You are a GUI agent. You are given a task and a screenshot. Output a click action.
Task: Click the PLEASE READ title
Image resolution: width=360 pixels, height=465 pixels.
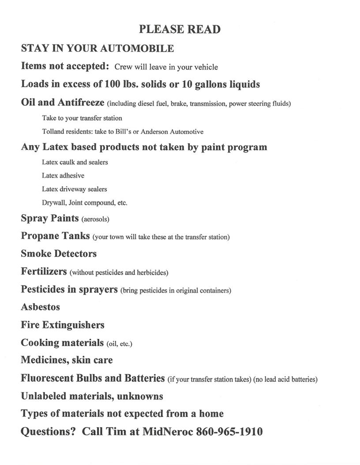180,30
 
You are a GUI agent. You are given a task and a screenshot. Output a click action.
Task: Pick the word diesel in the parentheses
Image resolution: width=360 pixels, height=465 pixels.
148,104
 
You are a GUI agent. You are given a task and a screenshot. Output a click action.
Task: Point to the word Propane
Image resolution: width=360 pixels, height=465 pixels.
40,236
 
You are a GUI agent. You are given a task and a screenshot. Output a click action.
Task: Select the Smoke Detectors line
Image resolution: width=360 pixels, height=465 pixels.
59,254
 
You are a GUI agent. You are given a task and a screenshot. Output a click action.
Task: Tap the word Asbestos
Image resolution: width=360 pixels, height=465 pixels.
40,307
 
